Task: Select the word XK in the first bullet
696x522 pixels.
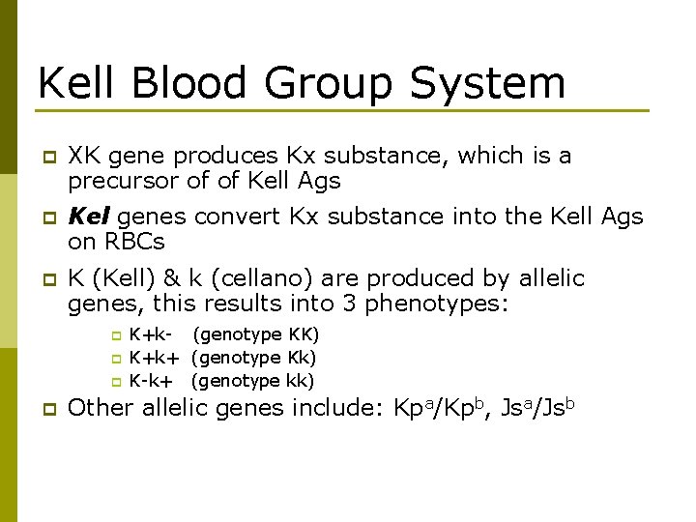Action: [85, 156]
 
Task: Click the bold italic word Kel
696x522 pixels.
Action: [88, 217]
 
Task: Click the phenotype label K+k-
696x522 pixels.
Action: [151, 335]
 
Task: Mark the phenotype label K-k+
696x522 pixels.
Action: [153, 380]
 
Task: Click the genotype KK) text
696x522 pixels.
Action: [304, 335]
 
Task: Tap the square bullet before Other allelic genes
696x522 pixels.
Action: [43, 409]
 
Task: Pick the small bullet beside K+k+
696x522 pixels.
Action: [115, 359]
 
